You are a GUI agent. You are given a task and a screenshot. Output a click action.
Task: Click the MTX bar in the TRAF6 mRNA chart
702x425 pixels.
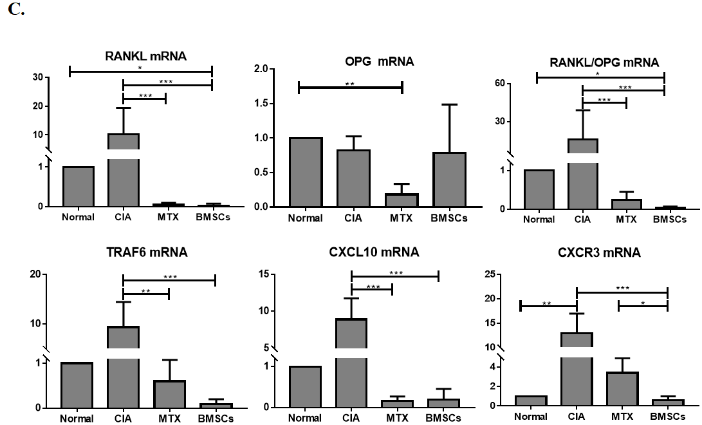[156, 393]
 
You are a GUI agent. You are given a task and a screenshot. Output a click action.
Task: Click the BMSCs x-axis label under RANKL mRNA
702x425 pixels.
[213, 217]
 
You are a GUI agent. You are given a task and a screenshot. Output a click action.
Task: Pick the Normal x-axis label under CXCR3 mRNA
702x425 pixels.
[531, 417]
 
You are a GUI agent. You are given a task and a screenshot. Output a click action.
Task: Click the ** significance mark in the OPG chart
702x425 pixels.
[349, 84]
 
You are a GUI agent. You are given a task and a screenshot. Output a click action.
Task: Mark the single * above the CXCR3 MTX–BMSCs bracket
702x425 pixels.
[643, 302]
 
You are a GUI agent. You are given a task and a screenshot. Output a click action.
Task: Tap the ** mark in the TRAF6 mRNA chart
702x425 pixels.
[145, 292]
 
